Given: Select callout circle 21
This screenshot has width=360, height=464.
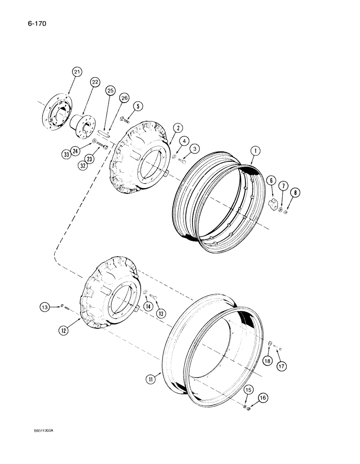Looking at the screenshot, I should click(x=77, y=71).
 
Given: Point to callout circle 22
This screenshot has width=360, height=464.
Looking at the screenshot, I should click(x=95, y=82).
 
